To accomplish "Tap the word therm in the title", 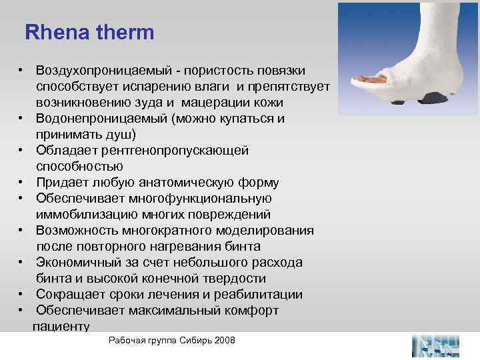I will [x=125, y=32].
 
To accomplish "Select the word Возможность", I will [x=77, y=230].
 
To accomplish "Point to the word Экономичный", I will [x=79, y=262].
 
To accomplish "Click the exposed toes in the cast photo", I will [x=363, y=79].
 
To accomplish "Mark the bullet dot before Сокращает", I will [x=22, y=294].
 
